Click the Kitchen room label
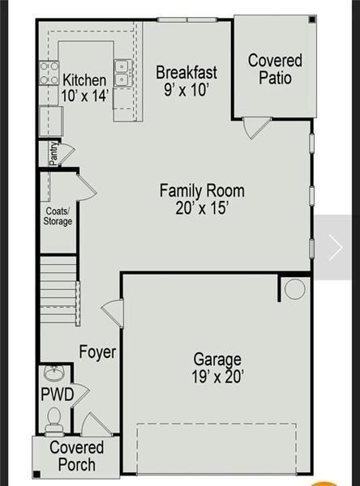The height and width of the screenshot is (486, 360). (84, 80)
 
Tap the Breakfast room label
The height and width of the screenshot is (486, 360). (186, 72)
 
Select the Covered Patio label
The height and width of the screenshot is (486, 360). (275, 69)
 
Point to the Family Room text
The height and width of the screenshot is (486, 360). (202, 191)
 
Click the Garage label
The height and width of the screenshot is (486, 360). (216, 359)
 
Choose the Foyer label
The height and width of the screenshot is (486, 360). (97, 352)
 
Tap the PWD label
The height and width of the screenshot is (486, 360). (58, 394)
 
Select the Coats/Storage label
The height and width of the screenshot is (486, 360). (58, 215)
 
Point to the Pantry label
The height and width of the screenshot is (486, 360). (54, 154)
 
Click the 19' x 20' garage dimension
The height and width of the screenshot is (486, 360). (216, 377)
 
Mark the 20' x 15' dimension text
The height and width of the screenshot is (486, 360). (202, 208)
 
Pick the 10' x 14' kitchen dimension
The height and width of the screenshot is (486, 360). (84, 96)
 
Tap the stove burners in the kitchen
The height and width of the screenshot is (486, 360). (49, 74)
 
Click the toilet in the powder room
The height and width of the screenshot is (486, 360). (54, 418)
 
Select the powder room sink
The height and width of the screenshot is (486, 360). (54, 374)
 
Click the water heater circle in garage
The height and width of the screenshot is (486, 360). (294, 288)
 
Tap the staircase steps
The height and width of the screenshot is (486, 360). (59, 289)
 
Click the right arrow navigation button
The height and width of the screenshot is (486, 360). (335, 247)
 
